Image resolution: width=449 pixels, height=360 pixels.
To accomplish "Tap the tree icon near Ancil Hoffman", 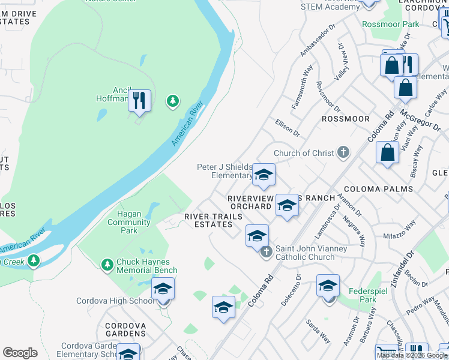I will (x=173, y=101).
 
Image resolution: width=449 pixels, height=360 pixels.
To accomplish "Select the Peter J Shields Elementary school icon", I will (x=263, y=175).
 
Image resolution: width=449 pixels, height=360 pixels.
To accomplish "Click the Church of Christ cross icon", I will (x=343, y=152).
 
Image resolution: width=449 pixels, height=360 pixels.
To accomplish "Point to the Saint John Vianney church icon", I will (x=267, y=253).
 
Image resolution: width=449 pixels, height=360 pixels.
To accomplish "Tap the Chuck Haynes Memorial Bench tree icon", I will (x=107, y=265).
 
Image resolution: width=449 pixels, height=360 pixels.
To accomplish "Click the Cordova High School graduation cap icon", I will (x=163, y=289).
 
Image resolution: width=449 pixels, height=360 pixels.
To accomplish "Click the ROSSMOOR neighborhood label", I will (x=346, y=119).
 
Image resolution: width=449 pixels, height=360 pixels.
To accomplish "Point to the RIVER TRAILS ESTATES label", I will (x=208, y=220).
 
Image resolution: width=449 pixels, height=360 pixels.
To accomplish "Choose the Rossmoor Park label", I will (x=390, y=25).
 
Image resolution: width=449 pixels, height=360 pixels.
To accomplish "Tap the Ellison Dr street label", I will (x=287, y=127).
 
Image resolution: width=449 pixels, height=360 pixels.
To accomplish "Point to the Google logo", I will (x=20, y=353).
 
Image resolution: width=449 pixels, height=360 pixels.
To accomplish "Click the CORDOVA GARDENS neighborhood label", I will (x=125, y=329).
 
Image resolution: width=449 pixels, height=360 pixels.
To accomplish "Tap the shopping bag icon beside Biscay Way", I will (x=388, y=152).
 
